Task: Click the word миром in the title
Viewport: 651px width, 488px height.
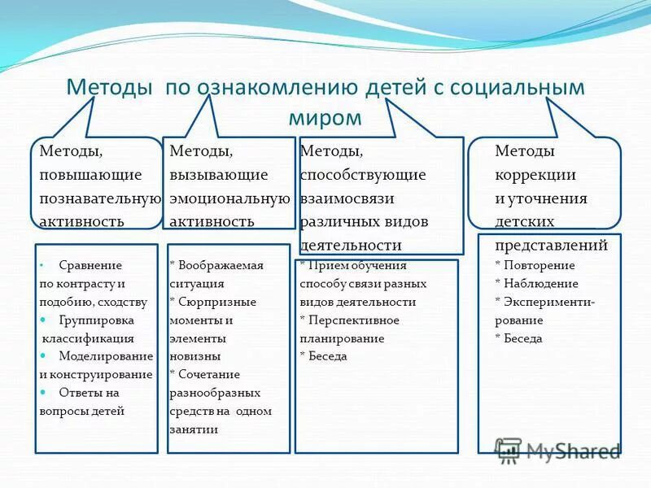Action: coord(325,117)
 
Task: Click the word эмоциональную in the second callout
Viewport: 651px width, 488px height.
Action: coord(229,198)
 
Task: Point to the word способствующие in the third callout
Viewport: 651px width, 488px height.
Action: coord(362,175)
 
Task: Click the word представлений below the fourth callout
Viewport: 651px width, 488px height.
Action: coord(551,245)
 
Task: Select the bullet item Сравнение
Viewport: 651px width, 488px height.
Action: coord(90,265)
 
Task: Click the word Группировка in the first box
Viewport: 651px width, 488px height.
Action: coord(96,320)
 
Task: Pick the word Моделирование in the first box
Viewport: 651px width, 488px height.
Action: coord(106,356)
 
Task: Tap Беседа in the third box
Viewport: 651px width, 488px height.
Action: coord(327,356)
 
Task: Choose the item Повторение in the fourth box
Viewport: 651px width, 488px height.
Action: coord(540,265)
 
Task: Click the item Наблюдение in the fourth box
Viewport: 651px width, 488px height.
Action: coord(541,284)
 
